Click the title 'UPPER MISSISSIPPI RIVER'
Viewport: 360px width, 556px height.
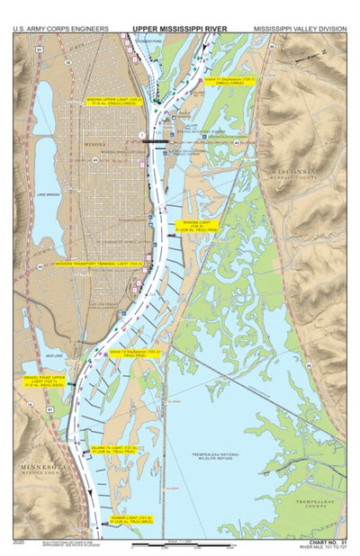click(179, 28)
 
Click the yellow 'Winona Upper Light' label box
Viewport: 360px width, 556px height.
click(112, 102)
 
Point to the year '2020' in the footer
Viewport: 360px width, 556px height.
click(20, 543)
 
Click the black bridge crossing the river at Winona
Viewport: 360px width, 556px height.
click(163, 142)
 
